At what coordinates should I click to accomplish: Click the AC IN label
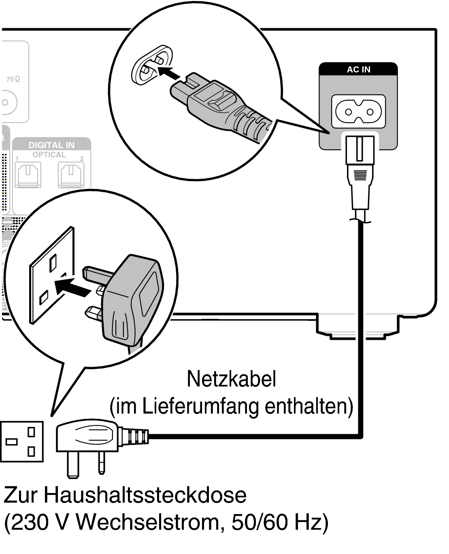click(358, 69)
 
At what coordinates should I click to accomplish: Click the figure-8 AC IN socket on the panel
click(358, 110)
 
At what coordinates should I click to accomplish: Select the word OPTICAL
click(49, 155)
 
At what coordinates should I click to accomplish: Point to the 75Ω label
click(13, 79)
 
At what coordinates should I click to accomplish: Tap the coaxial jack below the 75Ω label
click(6, 102)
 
